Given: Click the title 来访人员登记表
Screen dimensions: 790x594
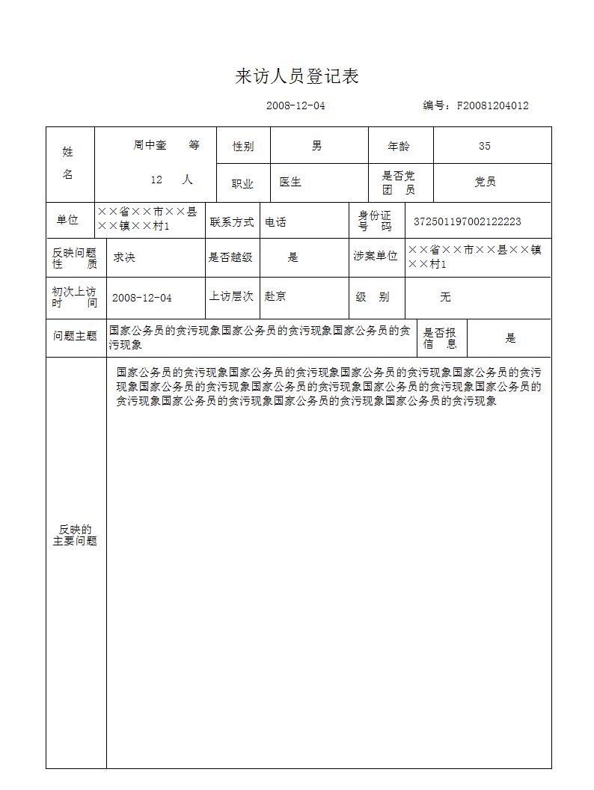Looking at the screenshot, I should coord(297,76).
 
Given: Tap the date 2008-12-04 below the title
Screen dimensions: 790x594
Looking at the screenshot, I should coord(296,105).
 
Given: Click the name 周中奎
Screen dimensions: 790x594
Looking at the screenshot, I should coord(150,146).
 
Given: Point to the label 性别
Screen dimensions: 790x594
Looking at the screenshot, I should coord(243,147).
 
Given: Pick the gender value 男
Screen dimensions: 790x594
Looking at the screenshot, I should coord(317,146).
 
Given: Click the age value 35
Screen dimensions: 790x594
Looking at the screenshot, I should coord(485,147).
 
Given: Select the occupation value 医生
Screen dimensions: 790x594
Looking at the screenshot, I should coord(290,182).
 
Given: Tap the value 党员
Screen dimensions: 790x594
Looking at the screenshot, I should coord(485,182).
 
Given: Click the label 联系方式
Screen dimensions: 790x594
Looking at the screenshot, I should coord(232,222).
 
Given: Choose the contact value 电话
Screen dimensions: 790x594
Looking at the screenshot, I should coord(275,222).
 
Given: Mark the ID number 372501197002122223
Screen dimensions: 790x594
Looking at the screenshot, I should coord(468,222).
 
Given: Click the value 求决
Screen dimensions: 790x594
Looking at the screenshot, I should coord(123,257).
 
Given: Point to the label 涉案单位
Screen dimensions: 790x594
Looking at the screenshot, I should coord(376,257).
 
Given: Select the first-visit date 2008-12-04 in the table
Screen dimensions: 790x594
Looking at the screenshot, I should coord(141,298).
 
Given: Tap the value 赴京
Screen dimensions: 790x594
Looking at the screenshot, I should coord(275,296).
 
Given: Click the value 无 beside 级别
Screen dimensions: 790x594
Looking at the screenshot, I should coord(445,297).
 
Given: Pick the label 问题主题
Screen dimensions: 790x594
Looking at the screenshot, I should coord(75,337).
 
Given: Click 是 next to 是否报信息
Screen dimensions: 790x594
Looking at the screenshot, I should coord(510,338).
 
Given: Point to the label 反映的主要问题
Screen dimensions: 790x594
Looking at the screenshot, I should coord(75,535).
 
